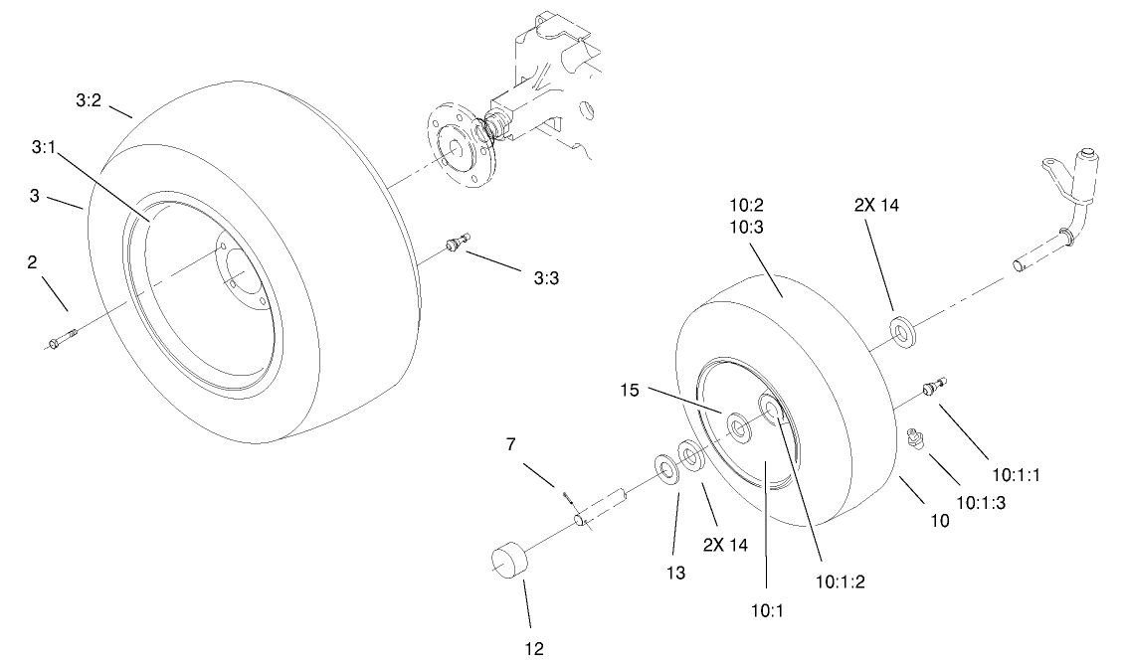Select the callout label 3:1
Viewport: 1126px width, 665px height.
44,146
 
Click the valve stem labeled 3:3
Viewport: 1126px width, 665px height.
458,242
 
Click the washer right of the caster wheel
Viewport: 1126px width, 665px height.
902,329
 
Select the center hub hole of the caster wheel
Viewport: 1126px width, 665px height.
739,428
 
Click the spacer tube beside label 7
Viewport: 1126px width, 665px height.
602,507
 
